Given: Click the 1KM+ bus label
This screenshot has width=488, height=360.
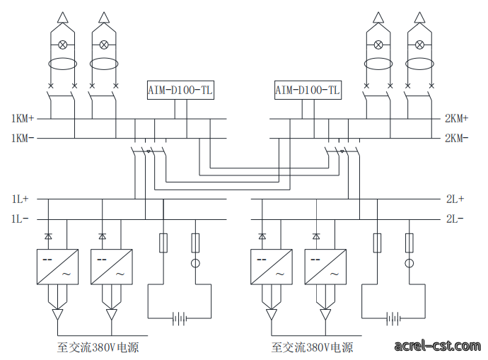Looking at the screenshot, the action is click(23, 119).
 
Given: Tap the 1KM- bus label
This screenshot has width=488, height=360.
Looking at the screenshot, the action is click(23, 138).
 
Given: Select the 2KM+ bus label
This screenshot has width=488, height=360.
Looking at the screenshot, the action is click(457, 119).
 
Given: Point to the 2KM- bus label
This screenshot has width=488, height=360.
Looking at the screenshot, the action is click(457, 138).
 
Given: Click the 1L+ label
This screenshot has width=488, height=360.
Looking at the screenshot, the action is click(21, 199).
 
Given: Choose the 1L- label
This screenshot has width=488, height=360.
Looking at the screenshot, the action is click(21, 219).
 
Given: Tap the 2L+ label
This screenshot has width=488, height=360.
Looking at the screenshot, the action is click(455, 199).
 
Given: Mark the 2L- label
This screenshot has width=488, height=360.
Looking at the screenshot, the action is click(455, 219).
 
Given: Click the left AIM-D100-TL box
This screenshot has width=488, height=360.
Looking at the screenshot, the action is click(180, 91).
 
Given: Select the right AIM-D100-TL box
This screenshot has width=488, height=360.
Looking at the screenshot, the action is click(308, 91).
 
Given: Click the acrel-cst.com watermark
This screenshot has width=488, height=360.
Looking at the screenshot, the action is click(437, 346).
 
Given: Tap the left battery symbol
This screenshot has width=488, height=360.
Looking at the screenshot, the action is click(180, 318).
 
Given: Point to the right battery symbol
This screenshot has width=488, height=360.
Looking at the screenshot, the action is click(393, 318).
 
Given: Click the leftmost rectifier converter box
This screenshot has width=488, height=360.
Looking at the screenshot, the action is click(57, 267).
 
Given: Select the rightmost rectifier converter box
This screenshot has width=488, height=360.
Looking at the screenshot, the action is click(325, 267).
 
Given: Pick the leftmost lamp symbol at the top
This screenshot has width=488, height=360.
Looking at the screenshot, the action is click(62, 45).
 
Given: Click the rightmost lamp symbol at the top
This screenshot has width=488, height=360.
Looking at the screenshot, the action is click(419, 45).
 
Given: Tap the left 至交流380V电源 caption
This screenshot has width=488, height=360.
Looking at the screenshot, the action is click(98, 347).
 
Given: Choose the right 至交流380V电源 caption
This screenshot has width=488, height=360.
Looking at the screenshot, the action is click(312, 347).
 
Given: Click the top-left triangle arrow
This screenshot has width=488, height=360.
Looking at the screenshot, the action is click(62, 18).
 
